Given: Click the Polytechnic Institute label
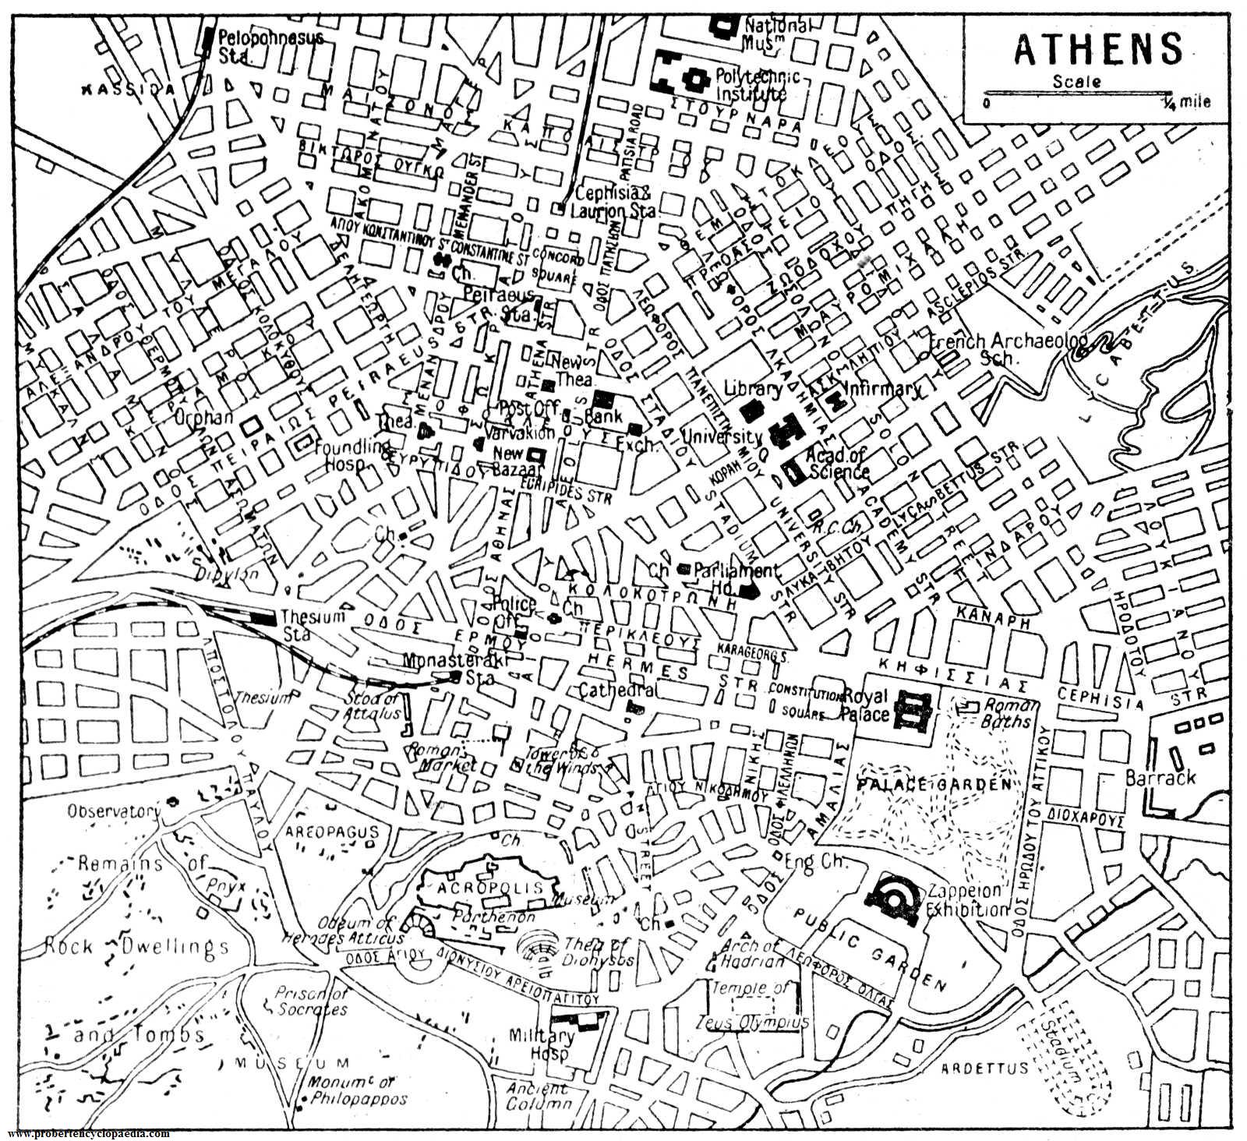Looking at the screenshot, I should point(749,86).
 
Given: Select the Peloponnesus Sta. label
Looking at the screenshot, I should point(269,45).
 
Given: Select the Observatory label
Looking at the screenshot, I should point(113,811).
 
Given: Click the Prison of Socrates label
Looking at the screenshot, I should point(312,1001).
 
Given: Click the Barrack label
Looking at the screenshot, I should point(1160,778).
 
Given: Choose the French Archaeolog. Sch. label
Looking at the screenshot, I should point(1009,349).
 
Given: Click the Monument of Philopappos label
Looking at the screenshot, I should point(357,1091).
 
